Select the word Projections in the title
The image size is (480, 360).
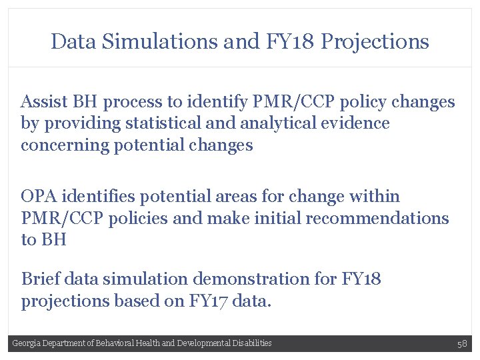(375, 43)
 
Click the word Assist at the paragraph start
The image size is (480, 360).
(43, 102)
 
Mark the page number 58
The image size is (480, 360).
(462, 343)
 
